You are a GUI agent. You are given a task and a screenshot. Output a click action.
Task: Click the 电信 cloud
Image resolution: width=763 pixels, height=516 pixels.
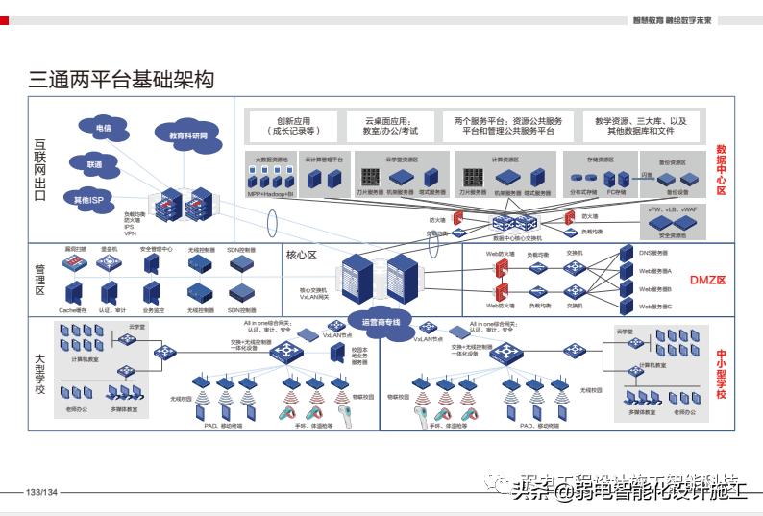[103, 127]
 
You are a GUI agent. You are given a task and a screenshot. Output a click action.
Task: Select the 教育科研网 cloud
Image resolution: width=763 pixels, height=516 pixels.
[187, 135]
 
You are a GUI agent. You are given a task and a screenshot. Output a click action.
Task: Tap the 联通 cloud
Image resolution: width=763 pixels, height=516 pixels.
[94, 164]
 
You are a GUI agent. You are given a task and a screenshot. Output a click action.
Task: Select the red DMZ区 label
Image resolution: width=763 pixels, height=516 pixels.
[708, 281]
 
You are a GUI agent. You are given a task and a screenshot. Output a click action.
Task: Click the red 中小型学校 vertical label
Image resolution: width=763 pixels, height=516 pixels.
[721, 374]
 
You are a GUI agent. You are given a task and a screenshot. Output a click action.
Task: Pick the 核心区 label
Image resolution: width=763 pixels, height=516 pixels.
[302, 256]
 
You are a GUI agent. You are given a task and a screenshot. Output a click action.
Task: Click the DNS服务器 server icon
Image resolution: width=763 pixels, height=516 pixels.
[627, 255]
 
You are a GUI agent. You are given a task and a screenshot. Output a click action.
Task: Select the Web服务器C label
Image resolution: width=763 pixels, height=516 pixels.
[656, 307]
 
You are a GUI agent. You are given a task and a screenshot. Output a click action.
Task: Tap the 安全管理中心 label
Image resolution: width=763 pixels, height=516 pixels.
[156, 249]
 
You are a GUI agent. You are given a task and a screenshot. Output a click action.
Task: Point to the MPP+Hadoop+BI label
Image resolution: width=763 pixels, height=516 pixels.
[270, 193]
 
